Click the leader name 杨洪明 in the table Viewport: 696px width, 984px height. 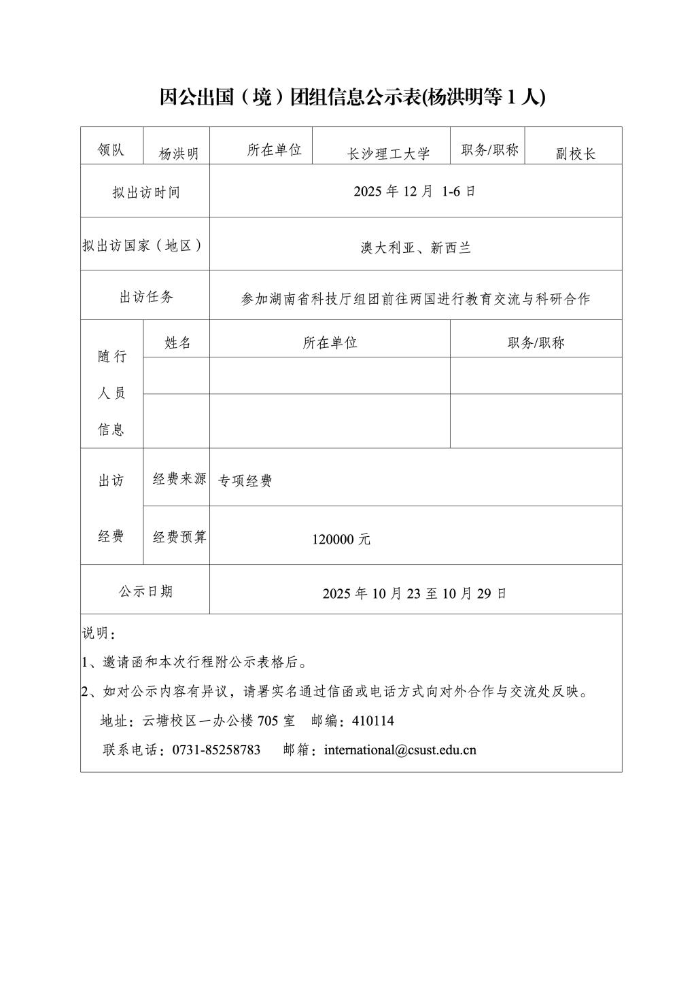179,154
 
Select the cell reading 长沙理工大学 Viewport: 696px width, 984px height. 389,154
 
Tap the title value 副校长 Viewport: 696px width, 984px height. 575,154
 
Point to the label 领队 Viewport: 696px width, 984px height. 111,150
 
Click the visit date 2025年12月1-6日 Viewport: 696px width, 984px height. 415,191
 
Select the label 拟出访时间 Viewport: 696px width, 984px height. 146,192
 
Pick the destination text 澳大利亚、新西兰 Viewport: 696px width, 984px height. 415,247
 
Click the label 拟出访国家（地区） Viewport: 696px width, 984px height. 145,245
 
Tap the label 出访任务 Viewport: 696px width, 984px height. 146,296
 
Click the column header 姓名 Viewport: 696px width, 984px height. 177,342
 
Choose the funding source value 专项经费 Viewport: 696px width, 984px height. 245,481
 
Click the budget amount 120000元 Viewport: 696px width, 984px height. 341,540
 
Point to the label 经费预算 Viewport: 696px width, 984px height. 179,537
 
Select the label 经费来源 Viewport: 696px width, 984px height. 179,479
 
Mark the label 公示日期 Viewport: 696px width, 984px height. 146,591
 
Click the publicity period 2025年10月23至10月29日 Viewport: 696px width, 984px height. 415,593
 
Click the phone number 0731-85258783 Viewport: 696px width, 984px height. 216,750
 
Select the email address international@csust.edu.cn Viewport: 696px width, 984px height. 400,750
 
